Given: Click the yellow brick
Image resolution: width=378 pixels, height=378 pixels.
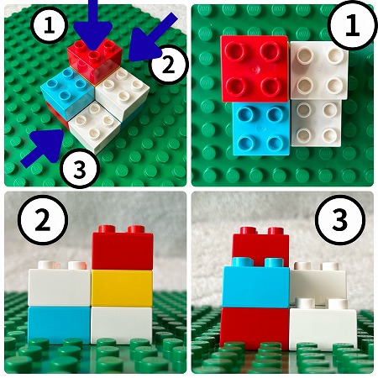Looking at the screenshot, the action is [x=122, y=288].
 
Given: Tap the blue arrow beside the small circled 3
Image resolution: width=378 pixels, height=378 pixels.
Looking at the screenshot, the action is [x=44, y=147].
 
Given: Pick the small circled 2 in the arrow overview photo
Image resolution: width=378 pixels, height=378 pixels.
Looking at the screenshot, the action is [x=168, y=65].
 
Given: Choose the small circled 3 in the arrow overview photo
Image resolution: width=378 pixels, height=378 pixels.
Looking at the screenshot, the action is [x=81, y=168].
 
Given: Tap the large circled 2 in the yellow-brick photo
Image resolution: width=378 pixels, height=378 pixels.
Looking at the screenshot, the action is [x=43, y=220].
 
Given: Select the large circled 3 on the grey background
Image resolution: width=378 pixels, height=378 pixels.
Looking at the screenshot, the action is [x=340, y=220].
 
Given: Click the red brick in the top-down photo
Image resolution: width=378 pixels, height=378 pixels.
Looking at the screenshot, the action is [x=255, y=69].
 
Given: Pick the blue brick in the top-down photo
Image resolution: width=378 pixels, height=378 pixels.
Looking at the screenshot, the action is [x=260, y=129].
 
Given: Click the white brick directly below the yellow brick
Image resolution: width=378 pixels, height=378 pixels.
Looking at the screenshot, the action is [x=122, y=325].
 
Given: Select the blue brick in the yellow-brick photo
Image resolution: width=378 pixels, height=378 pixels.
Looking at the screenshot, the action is [x=59, y=325].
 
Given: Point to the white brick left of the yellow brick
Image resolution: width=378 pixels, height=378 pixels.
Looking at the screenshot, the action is [x=60, y=285].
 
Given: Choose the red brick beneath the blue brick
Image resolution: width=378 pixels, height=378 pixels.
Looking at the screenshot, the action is [x=255, y=329].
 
